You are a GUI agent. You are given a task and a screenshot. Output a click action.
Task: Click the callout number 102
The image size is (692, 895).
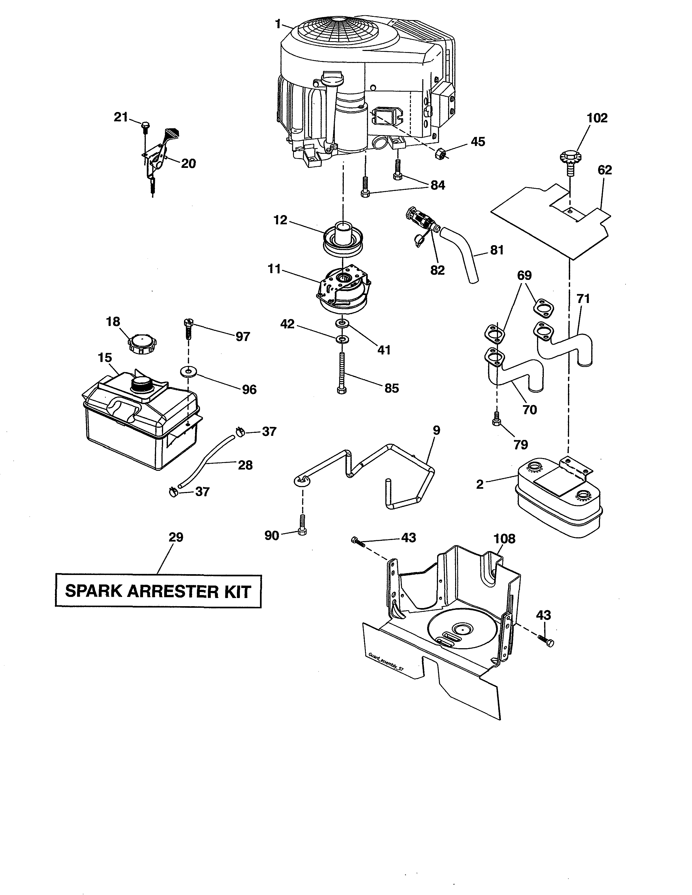[597, 118]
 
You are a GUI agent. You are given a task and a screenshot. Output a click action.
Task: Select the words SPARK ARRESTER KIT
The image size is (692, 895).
[158, 592]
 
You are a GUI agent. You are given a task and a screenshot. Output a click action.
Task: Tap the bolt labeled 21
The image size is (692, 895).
[145, 127]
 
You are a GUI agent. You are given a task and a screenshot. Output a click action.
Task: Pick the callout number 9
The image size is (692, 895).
[436, 430]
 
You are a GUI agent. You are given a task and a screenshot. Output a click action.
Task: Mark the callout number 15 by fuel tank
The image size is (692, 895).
[105, 358]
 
